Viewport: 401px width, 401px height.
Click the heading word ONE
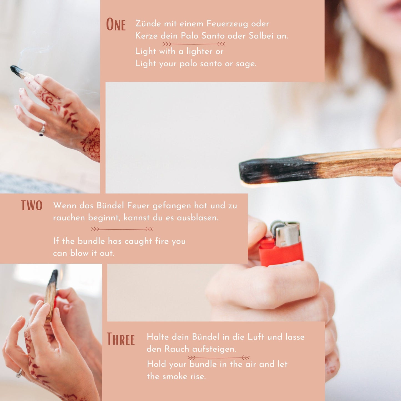pos(116,24)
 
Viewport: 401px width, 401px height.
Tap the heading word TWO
pos(31,206)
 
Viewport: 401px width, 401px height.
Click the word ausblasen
pos(198,218)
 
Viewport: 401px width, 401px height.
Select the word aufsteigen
pos(214,349)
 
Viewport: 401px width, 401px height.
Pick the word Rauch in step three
pos(177,349)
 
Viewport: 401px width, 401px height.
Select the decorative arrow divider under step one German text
pos(194,44)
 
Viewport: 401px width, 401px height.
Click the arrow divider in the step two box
pos(122,229)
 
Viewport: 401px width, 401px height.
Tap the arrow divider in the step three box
pos(218,358)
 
